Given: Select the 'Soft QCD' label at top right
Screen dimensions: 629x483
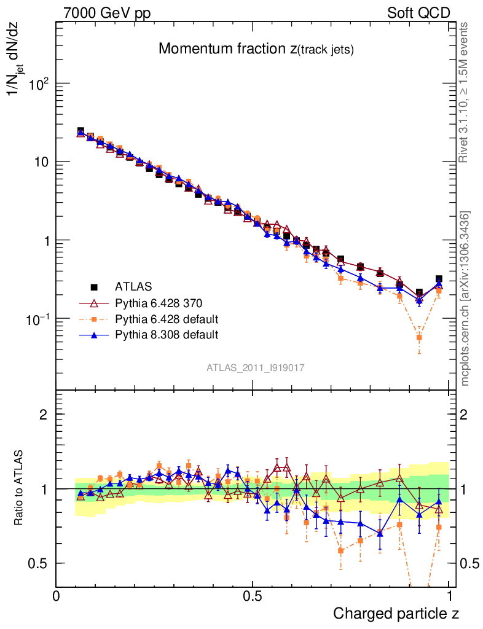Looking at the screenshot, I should point(418,13).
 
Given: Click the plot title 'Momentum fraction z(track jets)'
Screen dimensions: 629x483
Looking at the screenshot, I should point(256,50).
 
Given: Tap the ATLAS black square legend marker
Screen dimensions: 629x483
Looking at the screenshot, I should point(95,287).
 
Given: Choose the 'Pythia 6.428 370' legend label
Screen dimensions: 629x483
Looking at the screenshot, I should point(159,303).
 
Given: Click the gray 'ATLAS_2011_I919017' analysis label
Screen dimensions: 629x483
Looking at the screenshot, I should point(256,367).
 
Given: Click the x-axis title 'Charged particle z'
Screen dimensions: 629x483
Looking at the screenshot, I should point(396,613).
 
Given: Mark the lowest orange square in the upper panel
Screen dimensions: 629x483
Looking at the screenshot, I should point(419,337).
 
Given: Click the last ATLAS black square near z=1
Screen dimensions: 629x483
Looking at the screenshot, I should point(439,279).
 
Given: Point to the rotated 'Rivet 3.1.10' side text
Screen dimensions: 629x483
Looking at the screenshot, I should point(465,92).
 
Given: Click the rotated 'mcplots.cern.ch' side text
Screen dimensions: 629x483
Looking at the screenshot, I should point(466,299).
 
